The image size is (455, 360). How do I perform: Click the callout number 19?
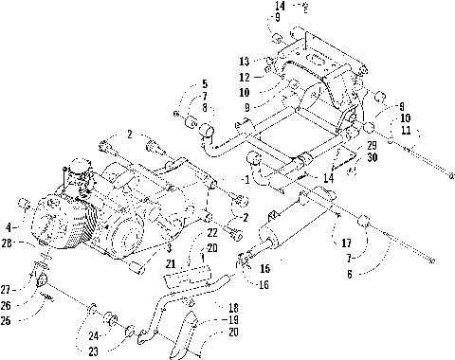point(229,321)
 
